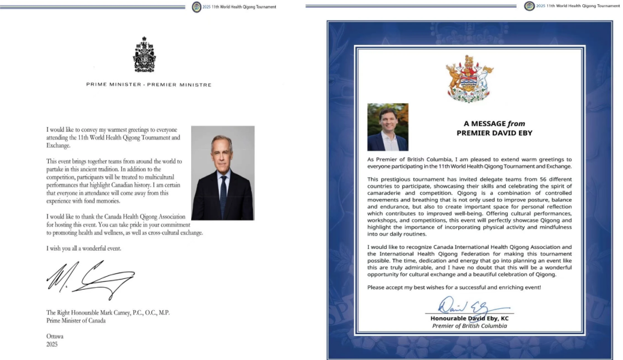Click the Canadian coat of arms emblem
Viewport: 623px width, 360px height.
coord(144,55)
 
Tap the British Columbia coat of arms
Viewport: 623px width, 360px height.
coord(469,79)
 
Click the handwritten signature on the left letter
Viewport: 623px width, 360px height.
coord(91,279)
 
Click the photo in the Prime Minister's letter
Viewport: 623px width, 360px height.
coord(222,172)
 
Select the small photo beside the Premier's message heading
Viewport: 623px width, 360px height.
coord(387,127)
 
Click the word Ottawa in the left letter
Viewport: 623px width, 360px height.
coord(55,337)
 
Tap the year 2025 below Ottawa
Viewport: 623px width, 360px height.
coord(52,345)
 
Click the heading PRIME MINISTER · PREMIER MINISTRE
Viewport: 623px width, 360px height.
coord(148,85)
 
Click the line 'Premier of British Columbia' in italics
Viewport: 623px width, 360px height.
coord(469,326)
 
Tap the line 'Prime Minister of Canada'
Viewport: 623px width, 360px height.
coord(76,320)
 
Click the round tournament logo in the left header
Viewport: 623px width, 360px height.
coord(196,7)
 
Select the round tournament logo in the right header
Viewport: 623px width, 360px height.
coord(529,6)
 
